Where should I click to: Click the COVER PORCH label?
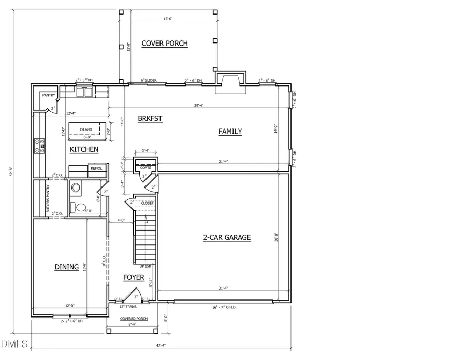[x=166, y=44]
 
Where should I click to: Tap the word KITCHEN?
[x=84, y=149]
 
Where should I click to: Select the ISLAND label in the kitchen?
[x=86, y=129]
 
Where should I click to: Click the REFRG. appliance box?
[x=96, y=168]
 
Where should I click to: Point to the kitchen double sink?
[x=84, y=92]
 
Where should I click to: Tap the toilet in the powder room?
[x=81, y=208]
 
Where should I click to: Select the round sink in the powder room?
[x=76, y=188]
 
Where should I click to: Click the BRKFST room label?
[x=150, y=119]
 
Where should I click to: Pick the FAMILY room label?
[x=230, y=132]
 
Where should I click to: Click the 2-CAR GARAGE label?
[x=226, y=238]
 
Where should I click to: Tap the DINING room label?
[x=67, y=267]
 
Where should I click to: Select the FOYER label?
[x=134, y=278]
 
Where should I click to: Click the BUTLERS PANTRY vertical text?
[x=48, y=199]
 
